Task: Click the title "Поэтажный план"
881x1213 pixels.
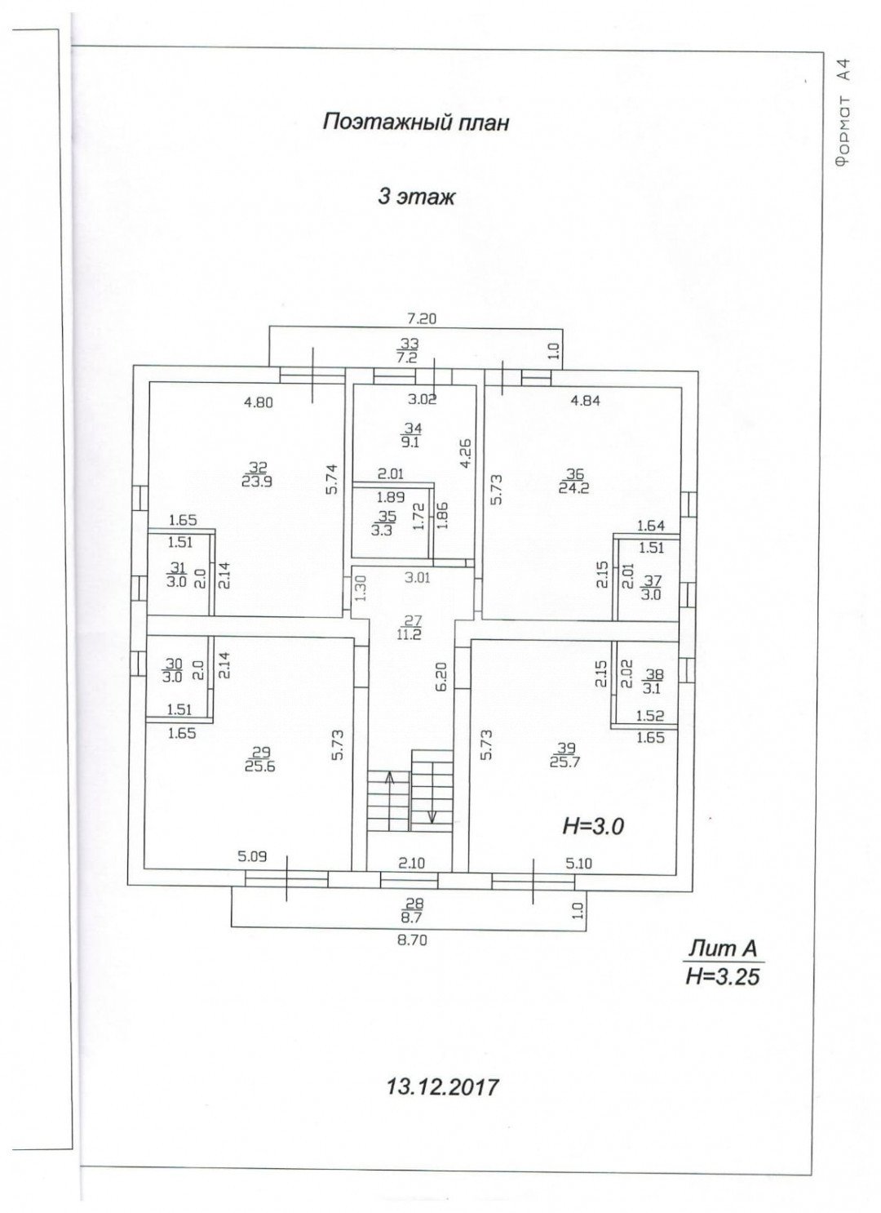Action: click(x=415, y=122)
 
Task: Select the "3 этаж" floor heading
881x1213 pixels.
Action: click(x=415, y=197)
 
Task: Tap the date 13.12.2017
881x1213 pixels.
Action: click(x=441, y=1086)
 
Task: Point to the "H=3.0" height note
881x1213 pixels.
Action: click(x=593, y=826)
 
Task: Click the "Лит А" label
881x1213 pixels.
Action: click(x=723, y=949)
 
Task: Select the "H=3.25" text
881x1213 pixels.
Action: click(x=723, y=975)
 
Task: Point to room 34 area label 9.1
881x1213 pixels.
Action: click(x=414, y=442)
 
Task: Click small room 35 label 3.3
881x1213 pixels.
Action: click(x=382, y=529)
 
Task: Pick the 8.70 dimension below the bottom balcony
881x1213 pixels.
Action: click(x=412, y=940)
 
